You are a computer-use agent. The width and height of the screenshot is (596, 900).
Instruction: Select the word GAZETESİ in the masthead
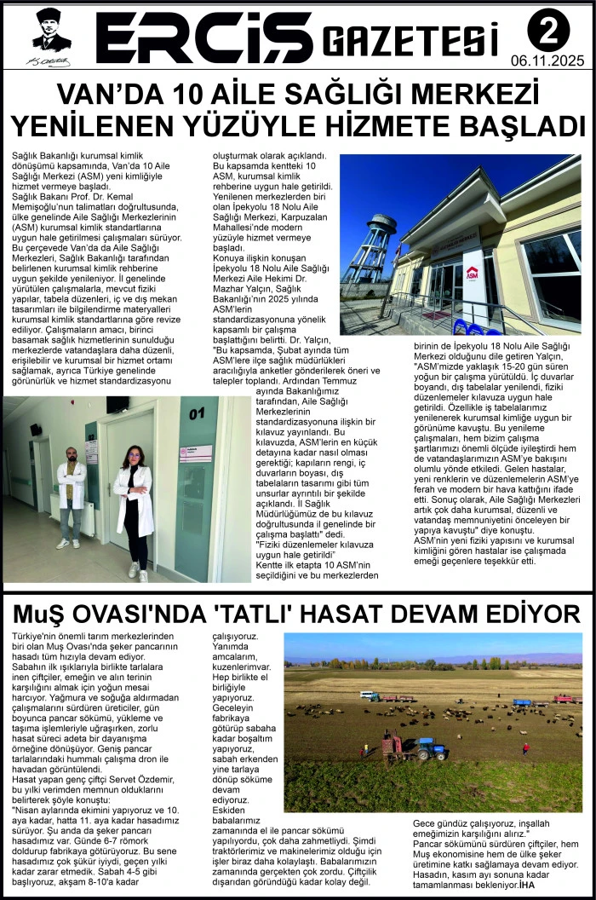pyautogui.click(x=412, y=39)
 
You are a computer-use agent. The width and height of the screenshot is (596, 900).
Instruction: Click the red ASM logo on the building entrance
pyautogui.click(x=472, y=273)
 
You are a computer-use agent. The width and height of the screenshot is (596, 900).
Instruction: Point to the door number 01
pyautogui.click(x=198, y=413)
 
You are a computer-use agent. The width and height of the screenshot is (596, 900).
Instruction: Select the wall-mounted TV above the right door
pyautogui.click(x=118, y=404)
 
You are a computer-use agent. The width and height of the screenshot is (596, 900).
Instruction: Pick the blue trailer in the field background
pyautogui.click(x=521, y=702)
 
